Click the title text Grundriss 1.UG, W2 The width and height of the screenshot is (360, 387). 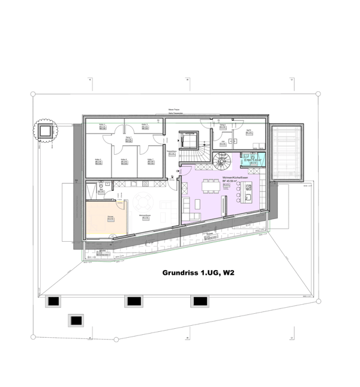(198, 272)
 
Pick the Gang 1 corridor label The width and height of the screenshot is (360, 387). (128, 139)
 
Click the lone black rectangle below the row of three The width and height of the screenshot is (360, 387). (77, 321)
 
